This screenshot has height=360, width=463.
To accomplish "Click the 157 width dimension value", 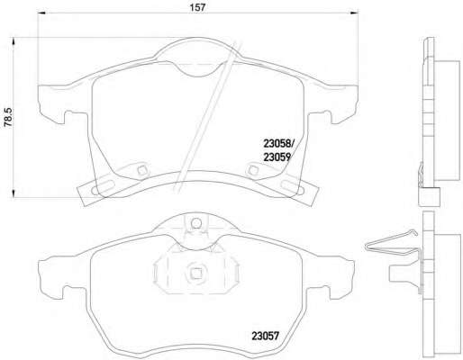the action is click(x=197, y=7).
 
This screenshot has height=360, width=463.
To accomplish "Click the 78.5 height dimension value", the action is click(x=8, y=117).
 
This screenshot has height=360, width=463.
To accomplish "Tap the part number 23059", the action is click(x=277, y=157).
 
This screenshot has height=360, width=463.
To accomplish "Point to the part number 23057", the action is click(x=266, y=336).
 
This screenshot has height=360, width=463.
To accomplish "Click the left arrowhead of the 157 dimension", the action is click(x=41, y=13).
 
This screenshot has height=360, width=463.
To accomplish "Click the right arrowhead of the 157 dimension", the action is click(x=355, y=13).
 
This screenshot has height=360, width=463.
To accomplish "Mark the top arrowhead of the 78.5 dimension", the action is click(x=13, y=41).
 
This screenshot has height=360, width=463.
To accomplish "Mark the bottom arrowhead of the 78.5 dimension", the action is click(x=13, y=193).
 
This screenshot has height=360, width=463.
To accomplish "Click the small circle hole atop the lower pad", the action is click(x=196, y=223).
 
